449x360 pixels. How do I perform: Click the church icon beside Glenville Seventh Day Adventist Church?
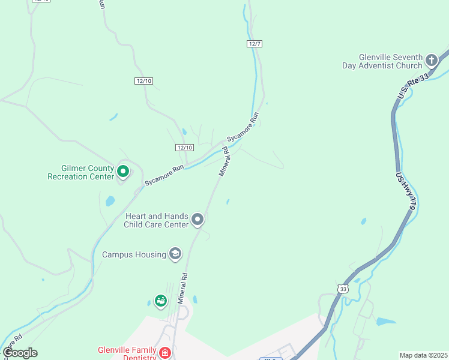(x=431, y=60)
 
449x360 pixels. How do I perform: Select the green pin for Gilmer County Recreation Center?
(x=123, y=172)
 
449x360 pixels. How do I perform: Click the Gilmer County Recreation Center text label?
(x=80, y=173)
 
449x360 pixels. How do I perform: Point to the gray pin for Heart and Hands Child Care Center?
(x=198, y=220)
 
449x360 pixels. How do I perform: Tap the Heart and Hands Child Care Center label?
(x=156, y=220)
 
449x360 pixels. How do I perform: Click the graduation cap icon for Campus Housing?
(x=175, y=254)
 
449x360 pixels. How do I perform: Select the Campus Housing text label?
(x=134, y=255)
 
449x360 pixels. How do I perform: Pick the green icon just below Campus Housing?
(x=160, y=301)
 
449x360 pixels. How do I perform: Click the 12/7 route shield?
(x=255, y=44)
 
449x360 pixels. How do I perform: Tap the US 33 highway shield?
(x=342, y=289)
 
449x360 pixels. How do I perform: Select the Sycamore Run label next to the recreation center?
(x=163, y=175)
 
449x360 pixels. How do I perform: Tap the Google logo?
(x=20, y=353)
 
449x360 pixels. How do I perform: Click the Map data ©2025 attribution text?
(x=423, y=355)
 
